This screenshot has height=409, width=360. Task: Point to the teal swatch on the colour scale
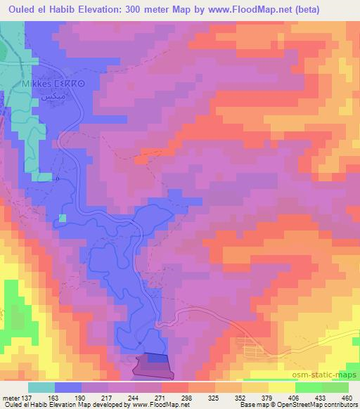click(41, 387)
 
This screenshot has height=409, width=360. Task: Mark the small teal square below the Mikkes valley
click(62, 218)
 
